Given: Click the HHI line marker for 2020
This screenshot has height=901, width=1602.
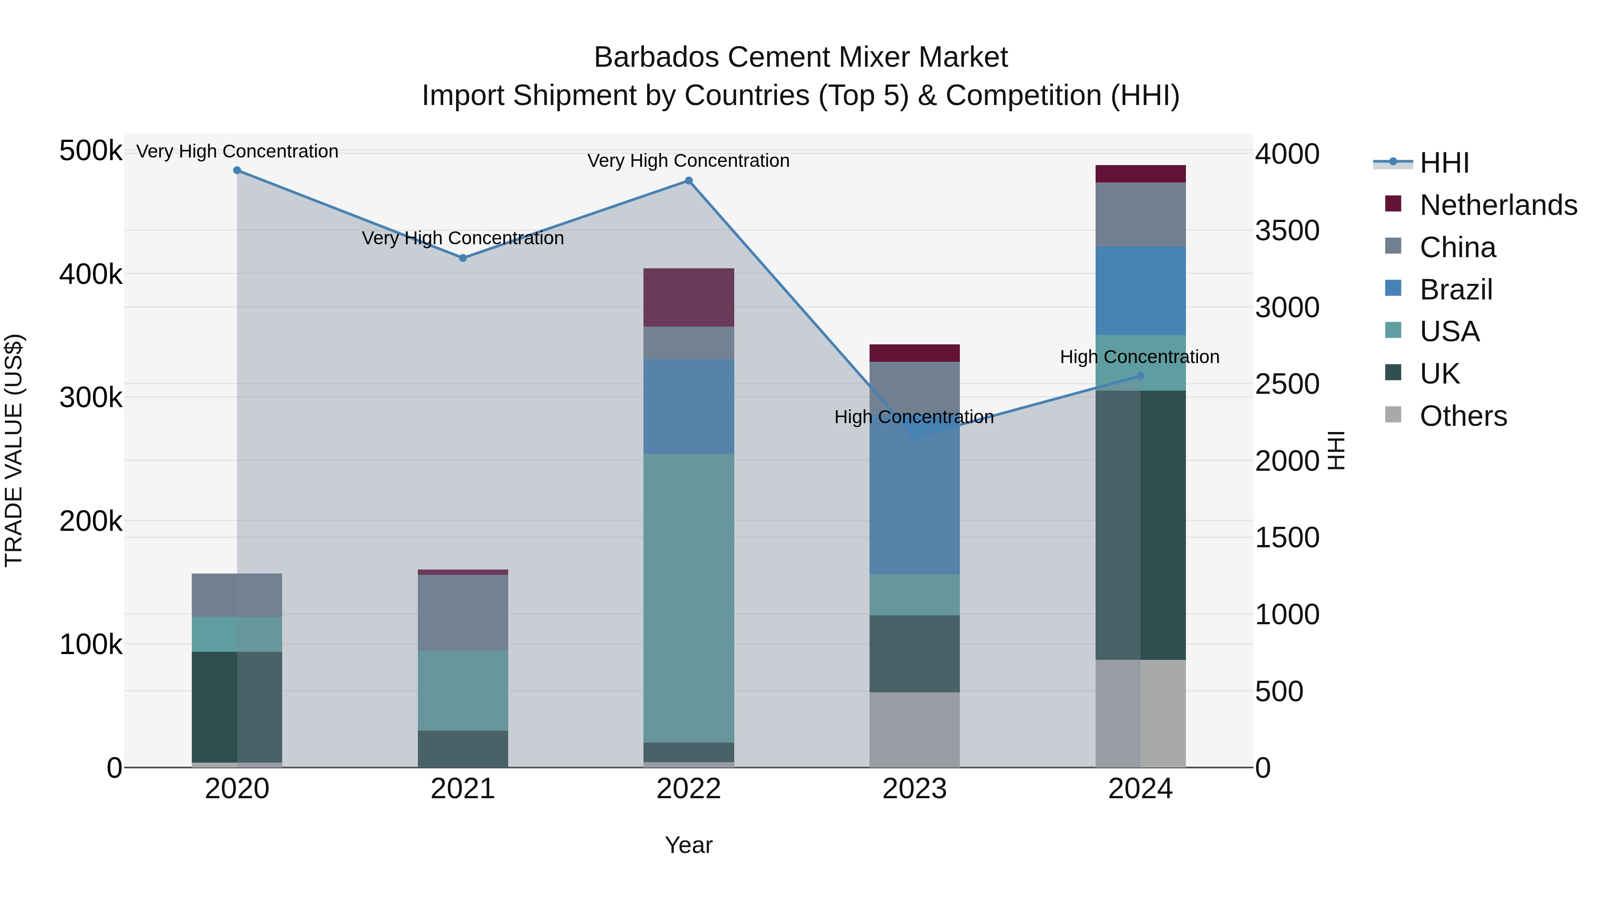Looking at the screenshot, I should point(237,170).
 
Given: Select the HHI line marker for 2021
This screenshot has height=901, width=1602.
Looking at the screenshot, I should point(463,258).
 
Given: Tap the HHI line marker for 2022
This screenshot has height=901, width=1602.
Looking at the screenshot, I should point(688,181).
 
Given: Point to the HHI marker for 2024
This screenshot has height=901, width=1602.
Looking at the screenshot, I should point(1140,376).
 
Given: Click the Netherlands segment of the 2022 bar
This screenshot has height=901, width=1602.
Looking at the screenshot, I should point(688,297).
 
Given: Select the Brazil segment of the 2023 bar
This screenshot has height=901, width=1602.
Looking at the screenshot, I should point(914,497).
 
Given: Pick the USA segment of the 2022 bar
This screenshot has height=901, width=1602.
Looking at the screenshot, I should point(688,597).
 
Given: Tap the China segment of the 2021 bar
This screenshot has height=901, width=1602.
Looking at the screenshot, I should point(463,613).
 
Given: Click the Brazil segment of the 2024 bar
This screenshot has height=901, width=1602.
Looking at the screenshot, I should point(1140,291).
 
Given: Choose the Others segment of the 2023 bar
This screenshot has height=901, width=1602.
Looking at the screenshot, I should point(914,729).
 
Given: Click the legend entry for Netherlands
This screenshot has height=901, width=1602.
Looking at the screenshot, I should point(1497,205).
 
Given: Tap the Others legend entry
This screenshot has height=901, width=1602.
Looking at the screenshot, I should point(1463,416).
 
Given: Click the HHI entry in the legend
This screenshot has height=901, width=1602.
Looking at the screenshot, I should point(1444,163).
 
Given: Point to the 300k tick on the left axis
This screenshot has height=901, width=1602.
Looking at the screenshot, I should point(91,397).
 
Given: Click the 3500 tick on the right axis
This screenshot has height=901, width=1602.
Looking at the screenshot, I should point(1286,230).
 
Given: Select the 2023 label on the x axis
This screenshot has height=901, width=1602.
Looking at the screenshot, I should point(914,789).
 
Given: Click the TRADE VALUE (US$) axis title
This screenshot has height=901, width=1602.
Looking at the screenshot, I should point(14,450).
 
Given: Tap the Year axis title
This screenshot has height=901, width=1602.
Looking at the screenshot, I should point(688,845).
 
